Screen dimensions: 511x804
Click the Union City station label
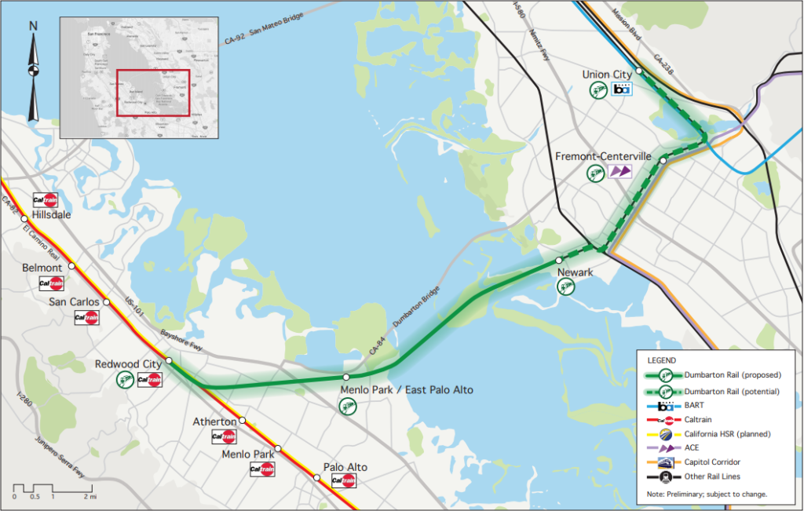coord(607,75)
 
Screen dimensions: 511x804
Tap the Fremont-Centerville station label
coord(603,156)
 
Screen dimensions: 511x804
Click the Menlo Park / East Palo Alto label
coord(407,390)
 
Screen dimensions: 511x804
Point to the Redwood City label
coord(128,364)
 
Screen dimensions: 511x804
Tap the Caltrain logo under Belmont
coord(51,283)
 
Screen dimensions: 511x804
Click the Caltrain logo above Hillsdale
coord(45,199)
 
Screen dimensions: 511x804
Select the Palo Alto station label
coord(345,467)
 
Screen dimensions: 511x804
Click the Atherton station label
coord(214,422)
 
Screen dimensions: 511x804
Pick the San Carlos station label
coord(75,301)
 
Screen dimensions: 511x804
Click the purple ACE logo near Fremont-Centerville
coord(619,171)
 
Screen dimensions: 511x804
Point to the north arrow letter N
coord(33,26)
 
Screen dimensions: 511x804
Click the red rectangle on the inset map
coord(153,93)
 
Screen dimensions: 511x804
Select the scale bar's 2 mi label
coord(90,497)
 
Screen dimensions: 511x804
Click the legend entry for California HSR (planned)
coord(727,433)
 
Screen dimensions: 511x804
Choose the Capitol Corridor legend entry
coord(714,462)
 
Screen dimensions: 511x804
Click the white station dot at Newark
coord(559,260)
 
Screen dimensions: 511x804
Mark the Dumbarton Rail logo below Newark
coord(565,288)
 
